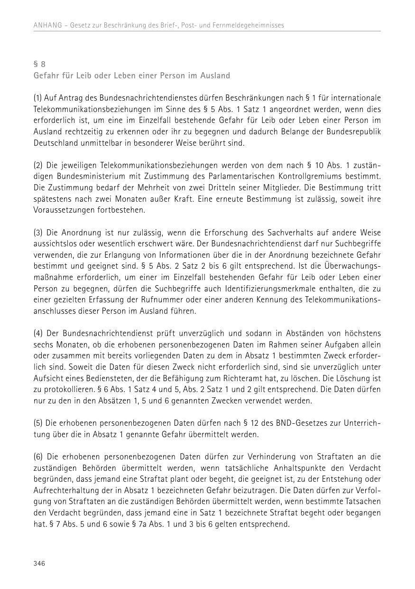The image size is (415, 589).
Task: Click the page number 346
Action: (39, 563)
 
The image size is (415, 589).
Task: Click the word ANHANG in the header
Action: (47, 25)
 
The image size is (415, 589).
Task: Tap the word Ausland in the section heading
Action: (214, 75)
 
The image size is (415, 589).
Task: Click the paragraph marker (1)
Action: (38, 98)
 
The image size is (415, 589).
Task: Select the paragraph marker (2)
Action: (38, 165)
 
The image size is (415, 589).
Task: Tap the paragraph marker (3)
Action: (38, 233)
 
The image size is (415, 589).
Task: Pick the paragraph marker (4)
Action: (38, 333)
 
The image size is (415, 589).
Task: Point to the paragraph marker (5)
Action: (38, 423)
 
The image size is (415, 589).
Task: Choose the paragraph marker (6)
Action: (38, 457)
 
